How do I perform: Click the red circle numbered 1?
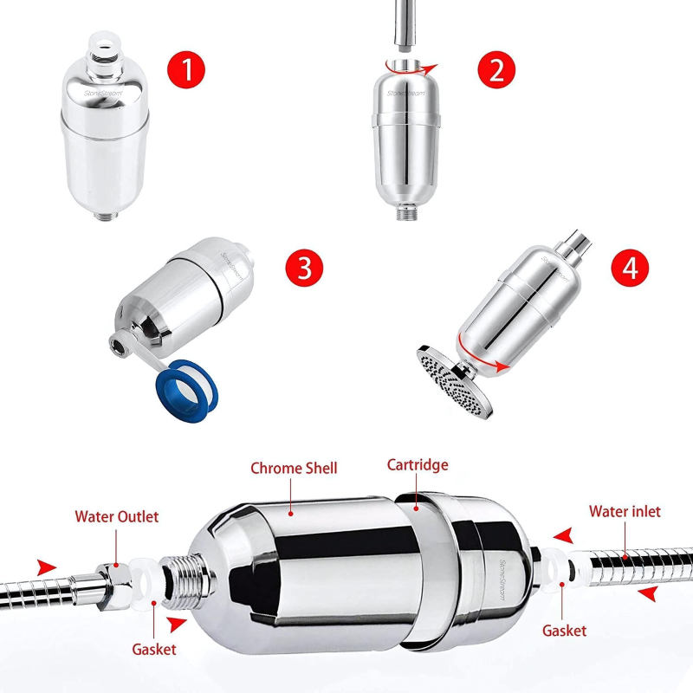pos(186,69)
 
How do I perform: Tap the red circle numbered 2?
pos(496,69)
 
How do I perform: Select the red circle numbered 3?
pos(304,268)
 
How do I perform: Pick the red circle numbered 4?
pos(630,268)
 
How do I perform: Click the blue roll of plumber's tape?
pos(186,390)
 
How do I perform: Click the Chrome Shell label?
pos(294,468)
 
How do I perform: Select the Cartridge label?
pos(418,465)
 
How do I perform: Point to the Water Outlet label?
pos(117,516)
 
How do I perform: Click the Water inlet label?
pos(625,511)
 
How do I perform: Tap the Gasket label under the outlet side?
pos(154,649)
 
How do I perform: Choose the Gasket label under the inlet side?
pos(565,631)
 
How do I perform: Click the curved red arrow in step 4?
pos(480,353)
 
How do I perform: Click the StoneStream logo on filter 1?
pos(102,94)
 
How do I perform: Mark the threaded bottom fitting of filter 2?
pos(405,213)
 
